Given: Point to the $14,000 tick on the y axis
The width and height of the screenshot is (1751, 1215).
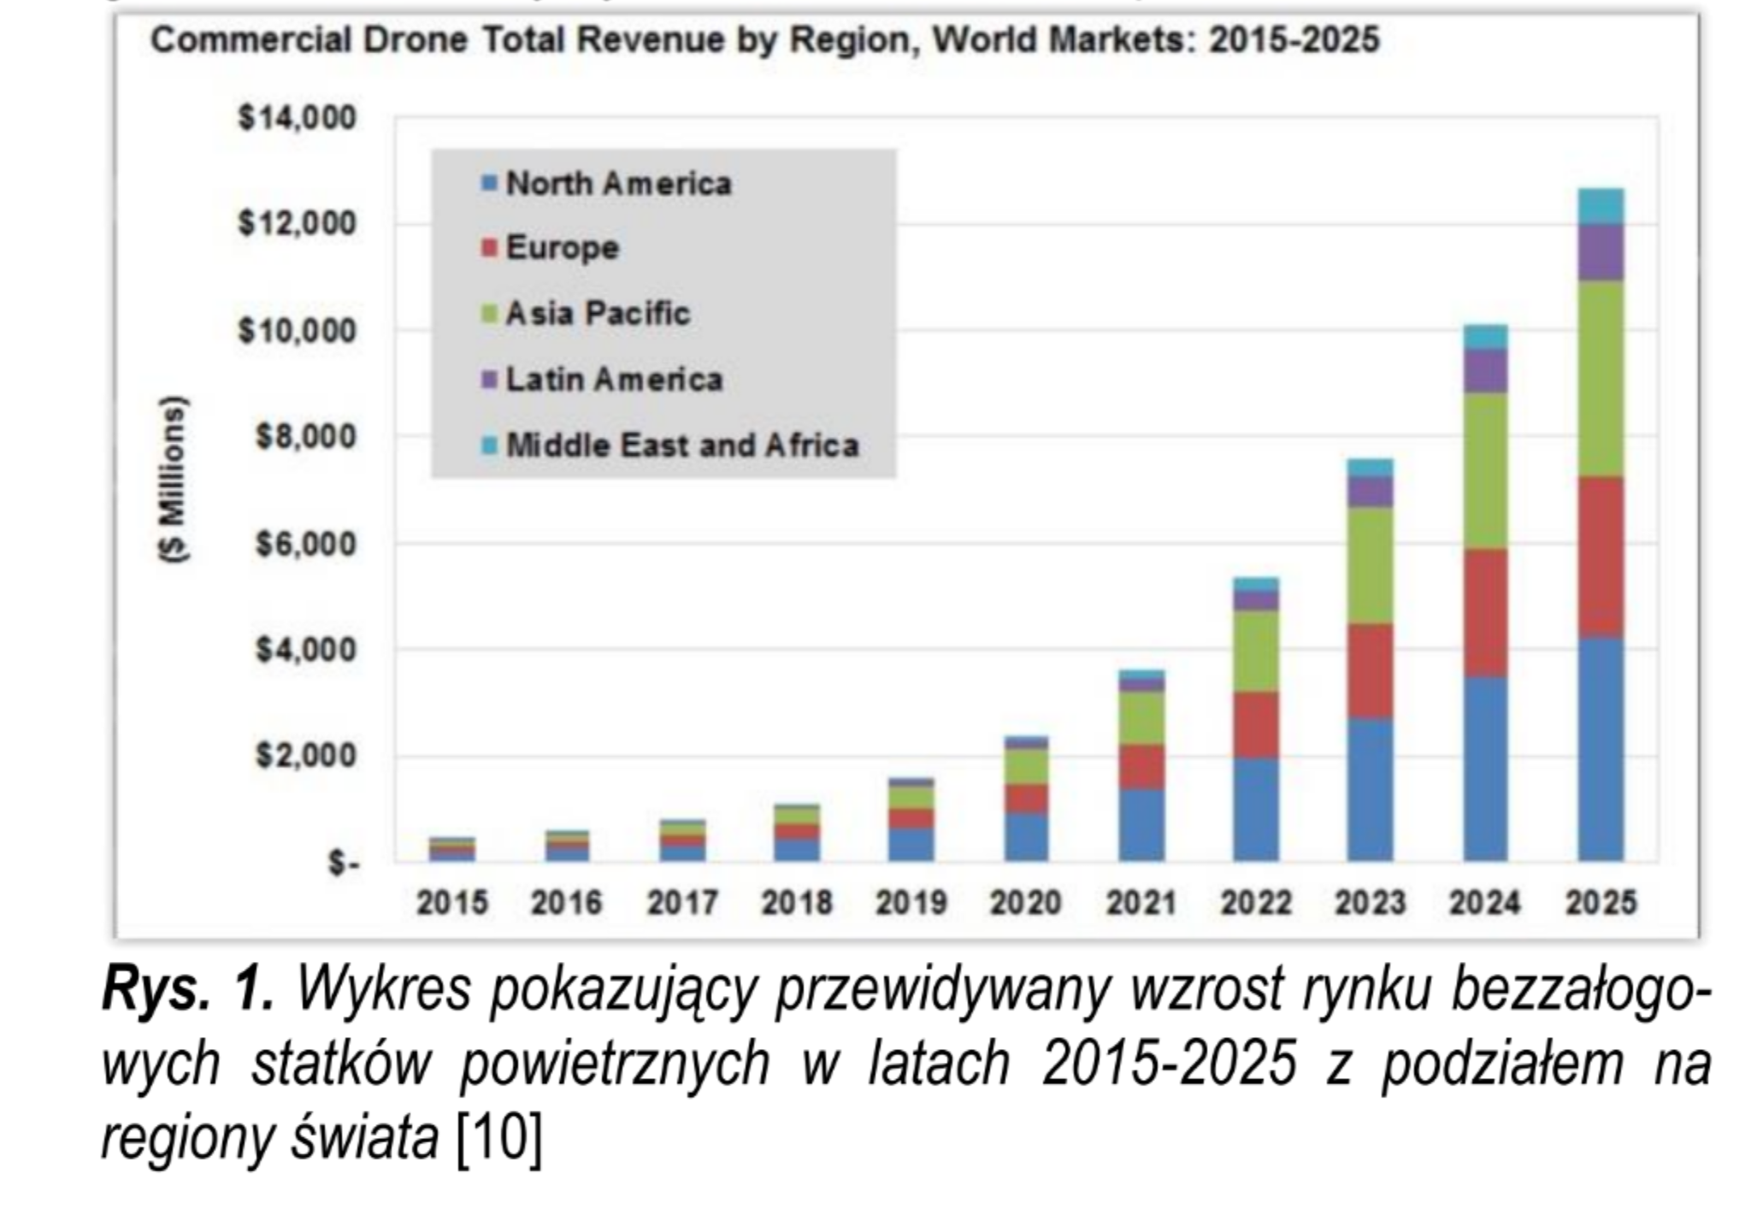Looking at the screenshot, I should point(297,118).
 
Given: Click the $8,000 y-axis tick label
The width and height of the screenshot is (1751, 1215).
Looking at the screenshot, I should point(305,438).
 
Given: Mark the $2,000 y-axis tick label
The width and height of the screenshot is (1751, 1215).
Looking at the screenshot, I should point(305,757).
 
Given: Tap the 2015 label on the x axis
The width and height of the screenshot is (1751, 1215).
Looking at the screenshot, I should point(452,903).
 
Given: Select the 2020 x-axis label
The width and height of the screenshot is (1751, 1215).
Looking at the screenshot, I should point(1026,903).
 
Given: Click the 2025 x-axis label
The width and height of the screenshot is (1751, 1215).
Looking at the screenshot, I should point(1601,903).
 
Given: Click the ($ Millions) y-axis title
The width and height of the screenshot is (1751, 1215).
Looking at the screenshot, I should point(174,479).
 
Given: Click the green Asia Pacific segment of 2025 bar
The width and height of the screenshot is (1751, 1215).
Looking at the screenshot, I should point(1601,378).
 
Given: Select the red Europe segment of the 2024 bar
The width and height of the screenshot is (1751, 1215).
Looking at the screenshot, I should point(1485,612).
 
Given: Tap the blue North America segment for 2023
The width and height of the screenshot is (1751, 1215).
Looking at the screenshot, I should point(1370,788).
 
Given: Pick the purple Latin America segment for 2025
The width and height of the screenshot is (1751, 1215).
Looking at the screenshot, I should point(1601,252).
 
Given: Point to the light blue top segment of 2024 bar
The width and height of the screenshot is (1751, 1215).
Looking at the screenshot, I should point(1485,337).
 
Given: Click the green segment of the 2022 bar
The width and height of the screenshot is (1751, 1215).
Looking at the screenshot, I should point(1255,651).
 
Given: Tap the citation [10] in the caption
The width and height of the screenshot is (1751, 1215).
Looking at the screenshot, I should point(499,1138).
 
